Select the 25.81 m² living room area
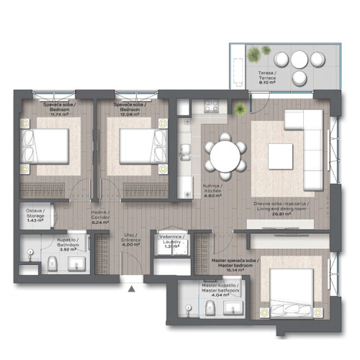(292, 214)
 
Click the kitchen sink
(184, 153)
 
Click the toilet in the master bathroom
(209, 310)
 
